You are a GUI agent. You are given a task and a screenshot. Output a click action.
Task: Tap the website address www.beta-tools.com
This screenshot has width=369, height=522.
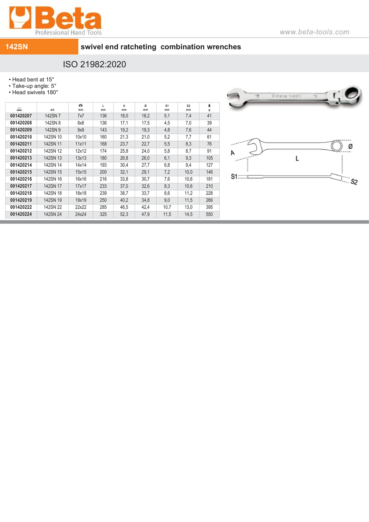pos(314,32)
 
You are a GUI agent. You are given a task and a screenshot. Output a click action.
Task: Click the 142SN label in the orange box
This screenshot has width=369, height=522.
pos(17,47)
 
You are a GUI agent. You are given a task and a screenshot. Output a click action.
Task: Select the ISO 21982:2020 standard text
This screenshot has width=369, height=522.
pos(94,64)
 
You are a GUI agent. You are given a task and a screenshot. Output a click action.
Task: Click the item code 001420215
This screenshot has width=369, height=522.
pos(21,172)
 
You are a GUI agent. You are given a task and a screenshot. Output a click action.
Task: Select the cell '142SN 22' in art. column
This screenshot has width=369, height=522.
pos(53,207)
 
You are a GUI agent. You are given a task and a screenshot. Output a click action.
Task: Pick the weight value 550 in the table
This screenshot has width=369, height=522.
pos(209,214)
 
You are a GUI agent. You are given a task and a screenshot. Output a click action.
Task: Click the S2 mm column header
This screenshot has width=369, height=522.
pos(188,108)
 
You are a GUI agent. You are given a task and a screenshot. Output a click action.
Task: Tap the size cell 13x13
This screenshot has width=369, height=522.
pos(81,158)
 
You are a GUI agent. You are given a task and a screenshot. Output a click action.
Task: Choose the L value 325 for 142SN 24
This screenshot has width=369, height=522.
pos(103,214)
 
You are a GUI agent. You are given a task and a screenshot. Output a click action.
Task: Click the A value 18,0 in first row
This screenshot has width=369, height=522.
pos(124,116)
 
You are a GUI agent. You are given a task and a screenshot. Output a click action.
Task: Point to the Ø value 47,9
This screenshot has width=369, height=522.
pos(145,214)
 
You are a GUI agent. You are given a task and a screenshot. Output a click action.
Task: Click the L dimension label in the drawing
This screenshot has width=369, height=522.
pos(297,158)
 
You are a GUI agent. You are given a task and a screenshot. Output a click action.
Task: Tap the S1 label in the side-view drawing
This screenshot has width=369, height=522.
pos(234,177)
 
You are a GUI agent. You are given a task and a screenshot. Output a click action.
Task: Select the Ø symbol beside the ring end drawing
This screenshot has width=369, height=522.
pos(350,147)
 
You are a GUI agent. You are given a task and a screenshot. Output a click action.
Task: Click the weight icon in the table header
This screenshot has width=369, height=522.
pos(209,105)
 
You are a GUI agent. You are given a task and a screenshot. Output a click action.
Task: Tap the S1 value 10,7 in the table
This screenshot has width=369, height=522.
pos(167,207)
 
